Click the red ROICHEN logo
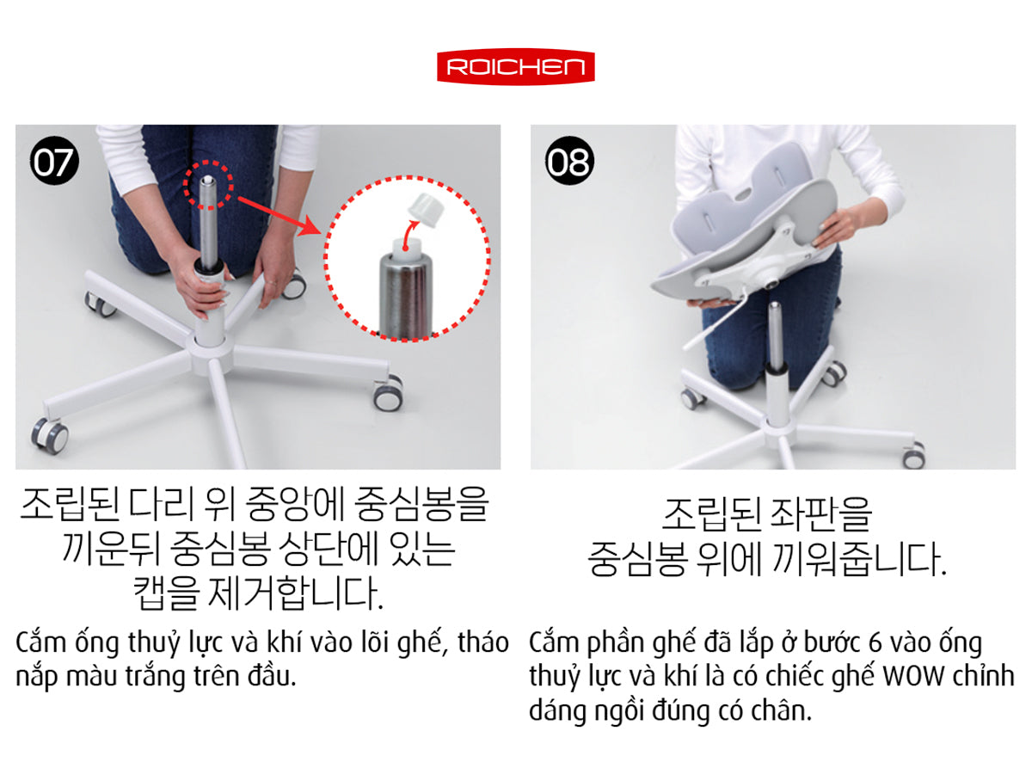click(516, 67)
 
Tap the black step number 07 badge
click(54, 161)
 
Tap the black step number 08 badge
click(569, 161)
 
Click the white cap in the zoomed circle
click(426, 211)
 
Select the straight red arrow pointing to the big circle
click(279, 216)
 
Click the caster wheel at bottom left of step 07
click(49, 434)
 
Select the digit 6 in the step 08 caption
click(875, 643)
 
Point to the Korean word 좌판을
click(820, 514)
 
